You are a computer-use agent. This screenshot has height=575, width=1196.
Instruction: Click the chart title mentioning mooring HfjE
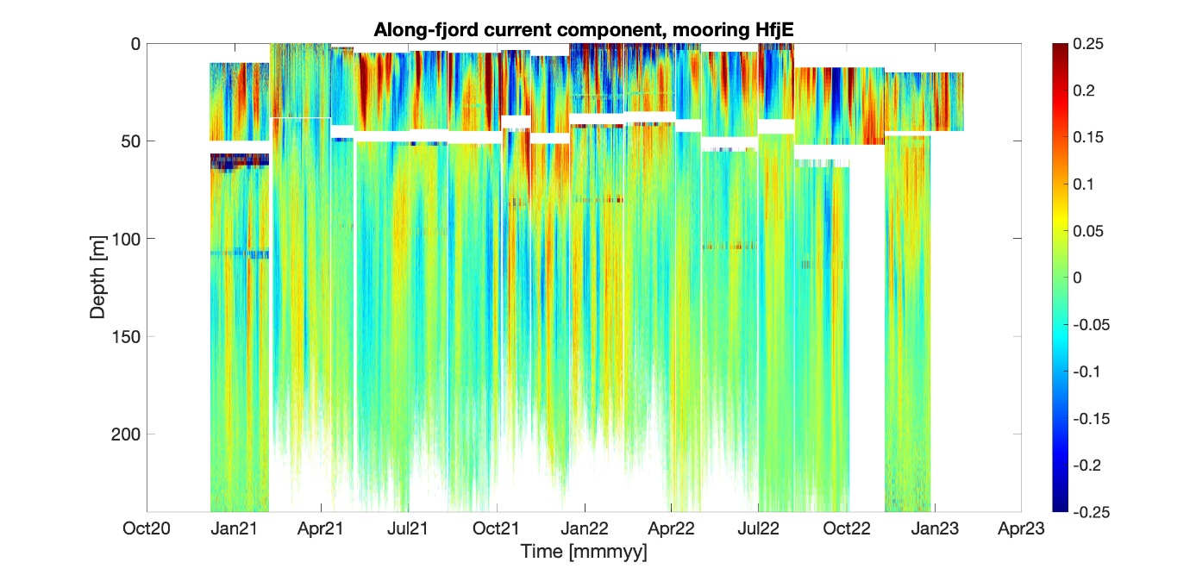coord(584,31)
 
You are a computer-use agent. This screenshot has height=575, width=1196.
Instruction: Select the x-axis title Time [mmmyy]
coord(584,550)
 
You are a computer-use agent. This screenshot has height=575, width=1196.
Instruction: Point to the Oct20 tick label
coord(147,528)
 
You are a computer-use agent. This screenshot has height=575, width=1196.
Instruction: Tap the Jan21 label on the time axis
coord(234,528)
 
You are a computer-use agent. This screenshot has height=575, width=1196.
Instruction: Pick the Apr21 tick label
coord(322,528)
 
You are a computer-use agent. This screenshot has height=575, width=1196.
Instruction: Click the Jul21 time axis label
coord(409,528)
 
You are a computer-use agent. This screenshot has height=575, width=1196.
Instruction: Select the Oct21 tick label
coord(497,528)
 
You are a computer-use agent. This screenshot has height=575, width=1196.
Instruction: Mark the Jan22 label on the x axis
coord(584,528)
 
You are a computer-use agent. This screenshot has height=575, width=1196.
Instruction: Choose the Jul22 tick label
coord(759,528)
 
